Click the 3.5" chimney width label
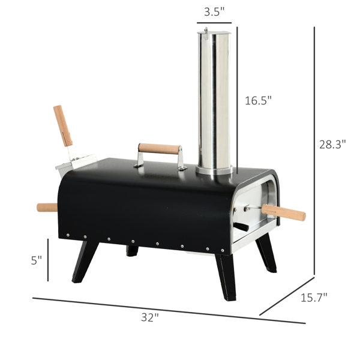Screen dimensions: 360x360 point(214,12)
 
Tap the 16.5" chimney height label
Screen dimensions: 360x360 point(258,101)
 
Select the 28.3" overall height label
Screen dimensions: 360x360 point(332,145)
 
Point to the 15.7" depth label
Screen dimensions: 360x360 point(314,298)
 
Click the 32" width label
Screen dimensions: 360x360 point(150,317)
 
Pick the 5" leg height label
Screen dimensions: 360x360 point(36,260)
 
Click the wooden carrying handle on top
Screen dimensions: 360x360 point(159,149)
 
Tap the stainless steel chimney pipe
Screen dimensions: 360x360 point(214,101)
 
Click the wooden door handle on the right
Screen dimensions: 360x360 point(284,212)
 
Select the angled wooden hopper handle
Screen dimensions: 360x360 point(63,126)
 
